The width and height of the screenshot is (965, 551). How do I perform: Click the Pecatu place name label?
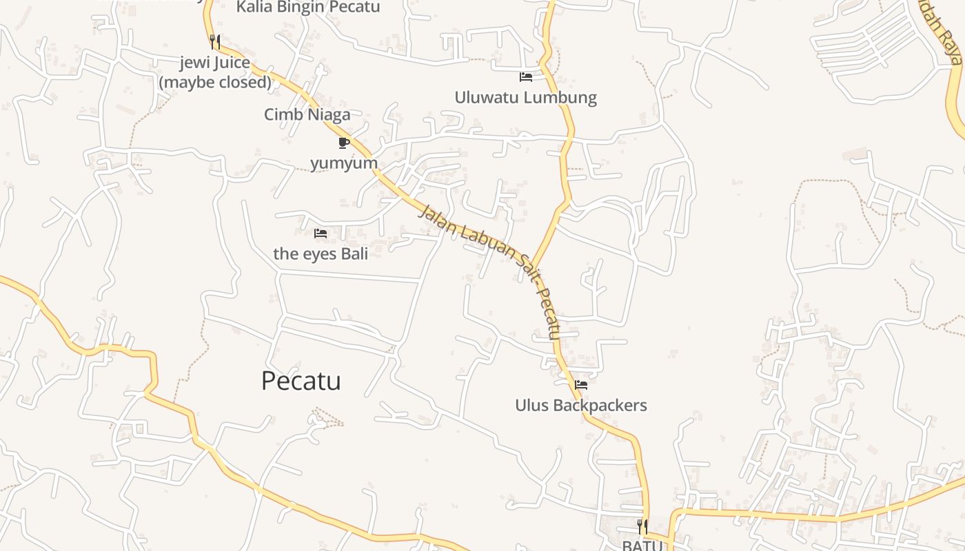click(x=301, y=381)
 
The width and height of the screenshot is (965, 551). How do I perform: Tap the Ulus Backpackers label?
click(x=581, y=405)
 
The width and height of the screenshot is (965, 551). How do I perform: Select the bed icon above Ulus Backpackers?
click(x=581, y=385)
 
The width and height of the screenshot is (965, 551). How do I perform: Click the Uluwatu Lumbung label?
click(x=525, y=98)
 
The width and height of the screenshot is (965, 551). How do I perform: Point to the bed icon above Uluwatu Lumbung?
click(x=526, y=76)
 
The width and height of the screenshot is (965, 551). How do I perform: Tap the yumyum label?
click(x=344, y=163)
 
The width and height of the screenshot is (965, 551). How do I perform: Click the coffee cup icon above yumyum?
click(x=343, y=143)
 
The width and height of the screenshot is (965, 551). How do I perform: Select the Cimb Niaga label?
click(x=307, y=114)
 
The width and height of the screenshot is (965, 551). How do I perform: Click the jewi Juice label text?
click(x=214, y=63)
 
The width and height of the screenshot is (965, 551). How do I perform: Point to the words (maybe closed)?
click(x=216, y=83)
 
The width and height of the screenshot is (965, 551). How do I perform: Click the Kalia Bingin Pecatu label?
click(x=308, y=8)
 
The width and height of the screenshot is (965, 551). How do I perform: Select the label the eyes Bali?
click(x=321, y=253)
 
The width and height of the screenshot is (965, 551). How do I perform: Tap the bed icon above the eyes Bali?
click(x=321, y=233)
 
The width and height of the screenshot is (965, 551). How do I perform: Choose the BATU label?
click(x=642, y=545)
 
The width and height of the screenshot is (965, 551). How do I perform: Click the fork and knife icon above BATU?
click(x=642, y=527)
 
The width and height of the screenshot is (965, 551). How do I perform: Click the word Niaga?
click(x=329, y=114)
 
